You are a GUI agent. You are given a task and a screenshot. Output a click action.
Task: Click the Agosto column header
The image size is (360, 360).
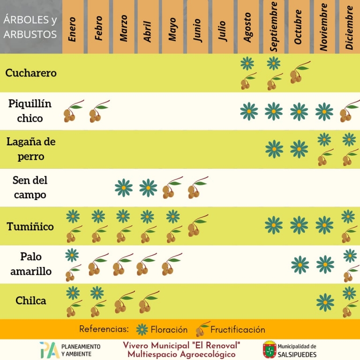click(x=247, y=27)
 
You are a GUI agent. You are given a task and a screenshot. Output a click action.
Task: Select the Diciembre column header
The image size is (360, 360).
click(x=349, y=27)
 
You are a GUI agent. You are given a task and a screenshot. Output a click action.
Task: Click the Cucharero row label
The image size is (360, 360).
click(x=31, y=73)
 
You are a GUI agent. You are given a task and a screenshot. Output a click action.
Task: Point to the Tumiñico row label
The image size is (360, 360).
click(x=30, y=226)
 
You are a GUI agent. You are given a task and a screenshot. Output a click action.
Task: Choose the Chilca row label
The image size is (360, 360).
click(x=31, y=300)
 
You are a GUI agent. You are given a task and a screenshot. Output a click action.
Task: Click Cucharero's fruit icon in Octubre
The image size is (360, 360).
click(x=300, y=72)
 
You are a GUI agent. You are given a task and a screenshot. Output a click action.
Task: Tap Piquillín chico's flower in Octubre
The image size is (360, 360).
click(x=299, y=112)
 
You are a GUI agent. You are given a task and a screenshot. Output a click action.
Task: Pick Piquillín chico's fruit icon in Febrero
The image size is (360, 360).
click(x=99, y=111)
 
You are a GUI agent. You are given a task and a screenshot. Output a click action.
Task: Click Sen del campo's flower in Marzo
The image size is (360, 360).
click(x=124, y=188)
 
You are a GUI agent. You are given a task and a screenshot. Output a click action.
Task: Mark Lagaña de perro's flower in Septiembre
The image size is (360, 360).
click(x=274, y=149)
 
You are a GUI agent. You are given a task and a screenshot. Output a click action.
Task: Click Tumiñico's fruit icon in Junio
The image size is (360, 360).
click(x=198, y=225)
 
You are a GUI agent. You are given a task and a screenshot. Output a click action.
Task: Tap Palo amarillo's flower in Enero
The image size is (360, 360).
click(x=72, y=255)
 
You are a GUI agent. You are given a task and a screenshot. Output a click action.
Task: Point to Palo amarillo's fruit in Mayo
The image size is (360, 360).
click(x=172, y=264)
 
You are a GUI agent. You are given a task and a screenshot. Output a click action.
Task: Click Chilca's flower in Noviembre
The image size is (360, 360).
click(x=325, y=302)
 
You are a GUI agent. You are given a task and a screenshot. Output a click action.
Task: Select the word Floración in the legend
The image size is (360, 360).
click(x=169, y=330)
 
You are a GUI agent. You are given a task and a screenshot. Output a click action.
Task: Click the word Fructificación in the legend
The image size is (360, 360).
click(x=238, y=330)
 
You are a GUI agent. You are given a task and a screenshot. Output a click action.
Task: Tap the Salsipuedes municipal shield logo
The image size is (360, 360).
click(x=270, y=349)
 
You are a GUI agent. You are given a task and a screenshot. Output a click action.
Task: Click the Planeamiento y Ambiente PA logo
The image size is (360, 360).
click(x=50, y=350)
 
